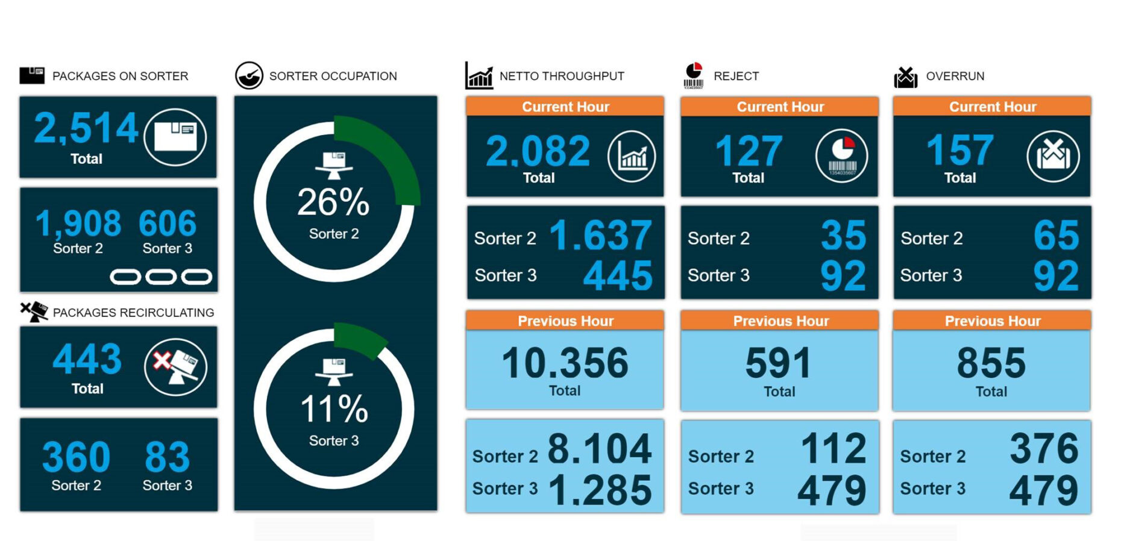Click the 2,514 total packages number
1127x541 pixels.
tap(86, 128)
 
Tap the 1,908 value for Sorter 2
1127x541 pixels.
tap(78, 224)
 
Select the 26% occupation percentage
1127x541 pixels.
tap(333, 202)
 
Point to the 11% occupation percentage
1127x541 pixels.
tap(334, 409)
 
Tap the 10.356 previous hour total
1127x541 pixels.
tap(565, 363)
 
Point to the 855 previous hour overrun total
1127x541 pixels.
tap(991, 363)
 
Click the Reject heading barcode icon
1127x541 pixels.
tap(694, 76)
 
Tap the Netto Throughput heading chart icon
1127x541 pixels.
tap(479, 76)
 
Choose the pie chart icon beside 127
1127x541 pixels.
tap(841, 156)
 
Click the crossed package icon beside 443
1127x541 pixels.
tap(175, 367)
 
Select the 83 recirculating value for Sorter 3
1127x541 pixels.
tap(167, 457)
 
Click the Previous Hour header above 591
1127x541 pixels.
tap(780, 321)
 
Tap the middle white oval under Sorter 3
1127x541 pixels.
tap(161, 277)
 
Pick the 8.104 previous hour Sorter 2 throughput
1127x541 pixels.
tap(599, 449)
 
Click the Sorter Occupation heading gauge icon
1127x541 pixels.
tap(249, 76)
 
